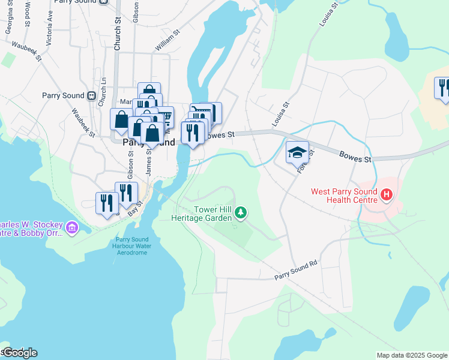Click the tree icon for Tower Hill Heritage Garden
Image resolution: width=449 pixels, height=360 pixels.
[x=241, y=212]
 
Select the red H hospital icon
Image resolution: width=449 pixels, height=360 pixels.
[x=387, y=195]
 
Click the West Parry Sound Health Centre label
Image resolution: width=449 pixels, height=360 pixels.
[x=344, y=196]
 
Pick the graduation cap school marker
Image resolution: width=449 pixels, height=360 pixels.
[x=297, y=153]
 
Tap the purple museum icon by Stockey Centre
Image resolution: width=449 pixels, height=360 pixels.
[x=72, y=227]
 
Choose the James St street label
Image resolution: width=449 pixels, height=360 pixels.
[x=149, y=161]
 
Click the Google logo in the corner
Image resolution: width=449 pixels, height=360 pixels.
[x=19, y=353]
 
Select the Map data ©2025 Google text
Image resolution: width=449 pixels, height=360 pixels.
[x=412, y=355]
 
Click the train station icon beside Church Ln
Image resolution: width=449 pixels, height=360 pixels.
[x=91, y=95]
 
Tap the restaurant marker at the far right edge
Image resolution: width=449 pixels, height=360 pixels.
[x=443, y=88]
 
